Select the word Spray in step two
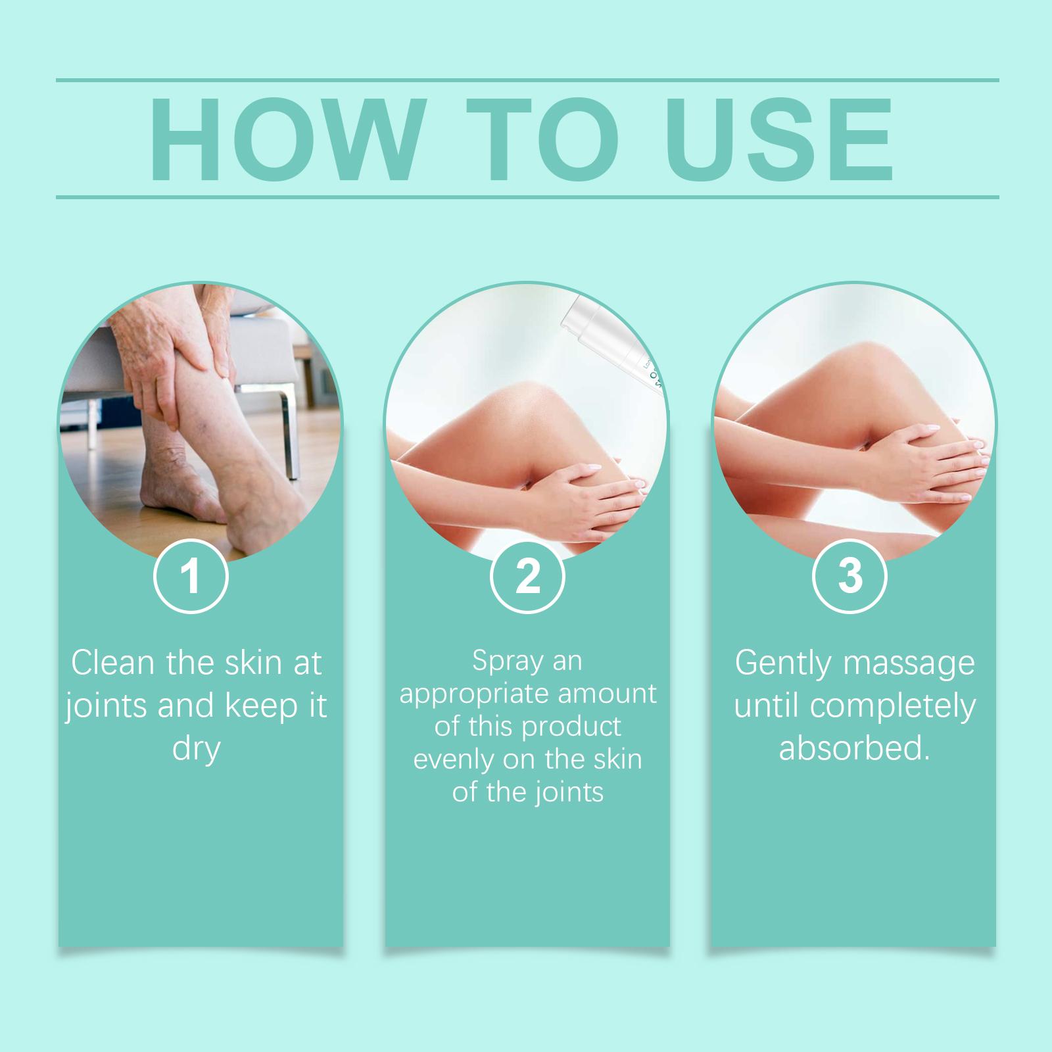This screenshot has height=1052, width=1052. click(x=506, y=661)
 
